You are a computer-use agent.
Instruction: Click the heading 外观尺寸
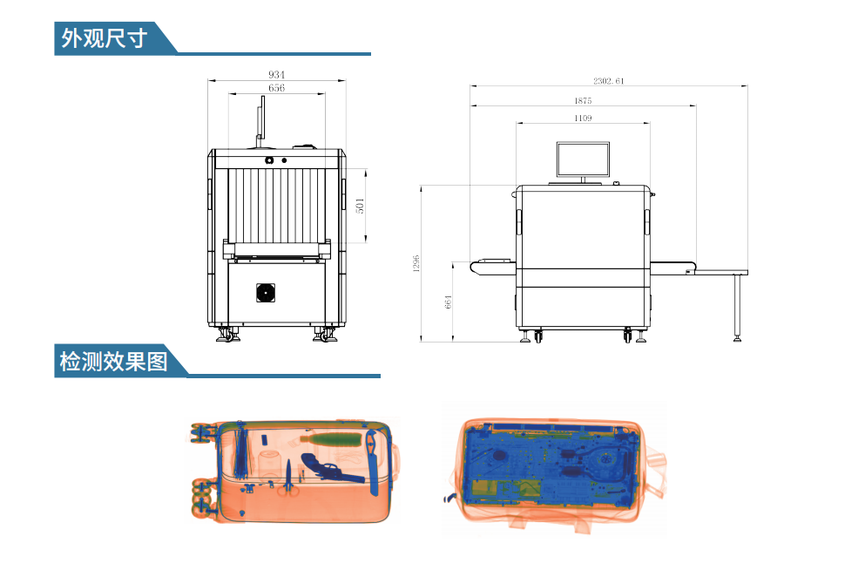tap(104, 38)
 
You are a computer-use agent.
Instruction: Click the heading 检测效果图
tap(113, 362)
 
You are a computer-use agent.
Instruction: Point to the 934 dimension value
tap(276, 75)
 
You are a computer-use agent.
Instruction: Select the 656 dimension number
tap(276, 88)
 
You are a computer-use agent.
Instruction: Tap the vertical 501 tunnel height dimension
tap(360, 206)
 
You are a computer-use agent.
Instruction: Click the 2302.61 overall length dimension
tap(609, 80)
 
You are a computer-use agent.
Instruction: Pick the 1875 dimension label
tap(583, 100)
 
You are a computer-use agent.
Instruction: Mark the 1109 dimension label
tap(583, 119)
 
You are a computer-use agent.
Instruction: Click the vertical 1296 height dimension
tap(416, 263)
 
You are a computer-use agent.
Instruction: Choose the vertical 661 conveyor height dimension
tap(448, 302)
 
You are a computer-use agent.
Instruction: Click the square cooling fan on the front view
tap(266, 293)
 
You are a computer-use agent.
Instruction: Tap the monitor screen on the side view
tap(583, 159)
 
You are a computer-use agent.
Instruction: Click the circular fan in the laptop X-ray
tap(605, 458)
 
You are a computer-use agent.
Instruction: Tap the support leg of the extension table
tap(737, 308)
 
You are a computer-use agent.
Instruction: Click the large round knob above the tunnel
tap(269, 160)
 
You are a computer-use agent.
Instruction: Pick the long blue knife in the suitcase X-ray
tap(373, 461)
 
